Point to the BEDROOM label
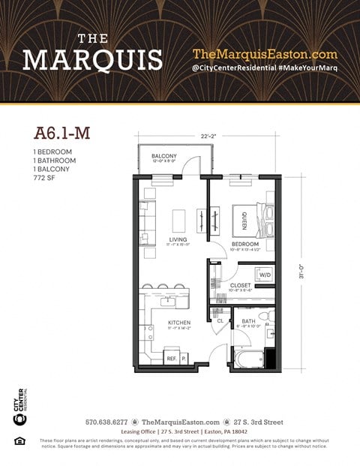[245, 244]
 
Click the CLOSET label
[240, 286]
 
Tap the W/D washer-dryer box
[265, 275]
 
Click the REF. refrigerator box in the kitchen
[171, 359]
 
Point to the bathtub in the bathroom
[247, 357]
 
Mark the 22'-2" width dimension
[208, 135]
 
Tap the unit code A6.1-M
[63, 134]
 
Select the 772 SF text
[45, 178]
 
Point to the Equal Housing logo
[19, 440]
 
